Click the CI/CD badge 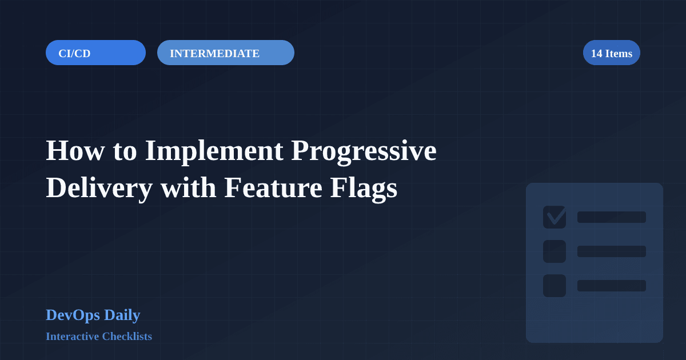(x=95, y=53)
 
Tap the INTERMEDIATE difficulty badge (x=225, y=53)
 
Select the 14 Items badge (x=611, y=53)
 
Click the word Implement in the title (x=214, y=151)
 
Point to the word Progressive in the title (x=364, y=151)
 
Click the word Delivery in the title (x=99, y=188)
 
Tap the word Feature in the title (x=273, y=188)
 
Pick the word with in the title (x=188, y=188)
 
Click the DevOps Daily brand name (x=93, y=315)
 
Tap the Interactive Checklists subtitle (x=99, y=337)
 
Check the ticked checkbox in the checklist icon (x=555, y=217)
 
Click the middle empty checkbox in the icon (x=555, y=251)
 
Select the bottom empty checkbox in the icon (x=555, y=286)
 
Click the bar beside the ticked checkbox (x=612, y=217)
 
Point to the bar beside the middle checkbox (x=612, y=251)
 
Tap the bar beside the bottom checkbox (x=612, y=286)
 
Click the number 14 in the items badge (x=596, y=53)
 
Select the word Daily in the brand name (x=122, y=315)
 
